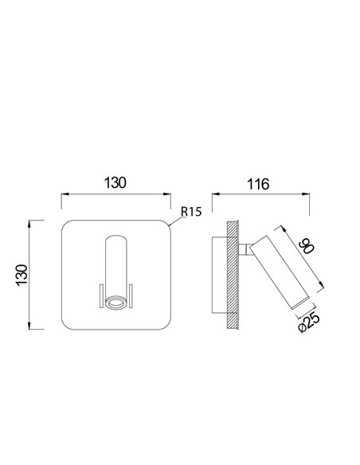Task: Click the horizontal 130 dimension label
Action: point(115,182)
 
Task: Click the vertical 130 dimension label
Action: point(22,275)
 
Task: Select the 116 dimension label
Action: point(258,184)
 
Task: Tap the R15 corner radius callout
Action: point(191,212)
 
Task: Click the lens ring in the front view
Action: point(115,303)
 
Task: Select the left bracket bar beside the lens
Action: point(101,295)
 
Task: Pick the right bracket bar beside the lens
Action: point(131,295)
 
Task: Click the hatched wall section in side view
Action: point(233,275)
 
